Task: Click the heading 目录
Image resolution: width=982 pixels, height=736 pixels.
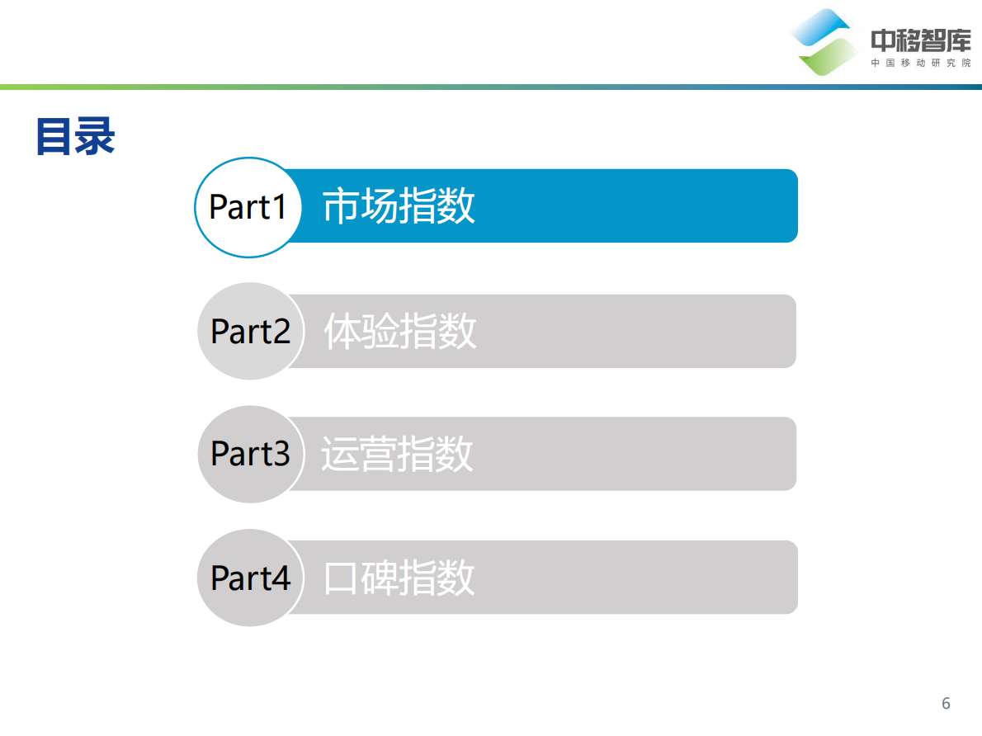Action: tap(75, 137)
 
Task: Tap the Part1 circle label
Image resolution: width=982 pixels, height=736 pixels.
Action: tap(248, 207)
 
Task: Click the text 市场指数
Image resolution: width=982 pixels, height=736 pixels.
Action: tap(399, 206)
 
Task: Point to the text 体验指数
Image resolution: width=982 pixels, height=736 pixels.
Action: tap(400, 332)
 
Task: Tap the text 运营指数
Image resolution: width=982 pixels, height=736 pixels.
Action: tap(397, 454)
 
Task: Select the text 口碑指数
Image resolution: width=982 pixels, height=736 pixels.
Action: tap(399, 578)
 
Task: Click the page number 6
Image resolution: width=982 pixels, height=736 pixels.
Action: tap(946, 704)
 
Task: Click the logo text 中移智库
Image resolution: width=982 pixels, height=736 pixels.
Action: tap(921, 40)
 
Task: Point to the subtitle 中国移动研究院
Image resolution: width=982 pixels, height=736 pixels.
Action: tap(921, 64)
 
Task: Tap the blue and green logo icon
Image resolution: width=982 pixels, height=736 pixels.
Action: tap(824, 41)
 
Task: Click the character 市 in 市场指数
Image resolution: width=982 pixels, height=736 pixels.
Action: tap(342, 206)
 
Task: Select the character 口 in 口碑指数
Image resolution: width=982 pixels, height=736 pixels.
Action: tap(342, 578)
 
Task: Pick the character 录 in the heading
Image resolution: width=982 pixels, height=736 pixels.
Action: tap(95, 137)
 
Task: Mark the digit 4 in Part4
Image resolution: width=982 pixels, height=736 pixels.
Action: tap(281, 578)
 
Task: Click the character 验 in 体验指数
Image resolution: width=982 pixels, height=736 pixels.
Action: tap(380, 332)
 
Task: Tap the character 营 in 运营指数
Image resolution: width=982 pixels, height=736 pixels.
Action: tap(378, 454)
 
